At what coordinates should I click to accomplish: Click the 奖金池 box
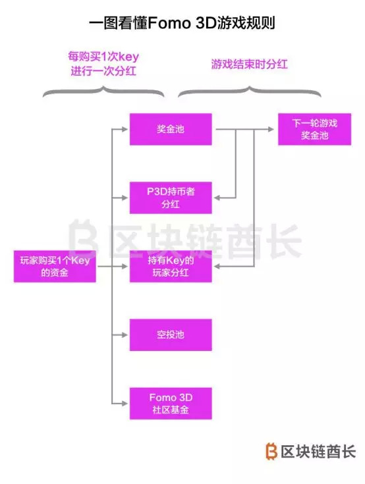171,129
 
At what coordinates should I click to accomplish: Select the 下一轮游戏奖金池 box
314,129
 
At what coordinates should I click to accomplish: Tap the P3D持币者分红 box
171,198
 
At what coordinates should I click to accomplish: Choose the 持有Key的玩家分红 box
171,266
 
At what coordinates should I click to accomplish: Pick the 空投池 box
171,335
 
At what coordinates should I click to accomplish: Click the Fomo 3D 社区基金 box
171,404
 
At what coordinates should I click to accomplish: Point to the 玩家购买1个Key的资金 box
55,266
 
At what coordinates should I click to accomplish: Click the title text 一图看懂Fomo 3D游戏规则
182,23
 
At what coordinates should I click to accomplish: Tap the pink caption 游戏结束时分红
249,65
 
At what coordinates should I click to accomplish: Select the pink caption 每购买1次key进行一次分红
103,64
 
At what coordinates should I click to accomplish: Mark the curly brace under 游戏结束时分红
249,91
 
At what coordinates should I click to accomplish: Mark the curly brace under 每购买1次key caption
103,91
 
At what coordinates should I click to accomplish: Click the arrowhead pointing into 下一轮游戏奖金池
271,129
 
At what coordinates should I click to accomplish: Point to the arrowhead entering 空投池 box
125,335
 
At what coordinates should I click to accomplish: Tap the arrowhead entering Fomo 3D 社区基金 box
125,404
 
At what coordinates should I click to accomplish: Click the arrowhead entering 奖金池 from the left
125,129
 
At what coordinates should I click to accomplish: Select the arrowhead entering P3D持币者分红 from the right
217,198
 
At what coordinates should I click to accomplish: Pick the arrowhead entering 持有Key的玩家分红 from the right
217,267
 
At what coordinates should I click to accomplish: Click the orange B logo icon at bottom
271,451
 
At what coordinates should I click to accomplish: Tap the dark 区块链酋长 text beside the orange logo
318,452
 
